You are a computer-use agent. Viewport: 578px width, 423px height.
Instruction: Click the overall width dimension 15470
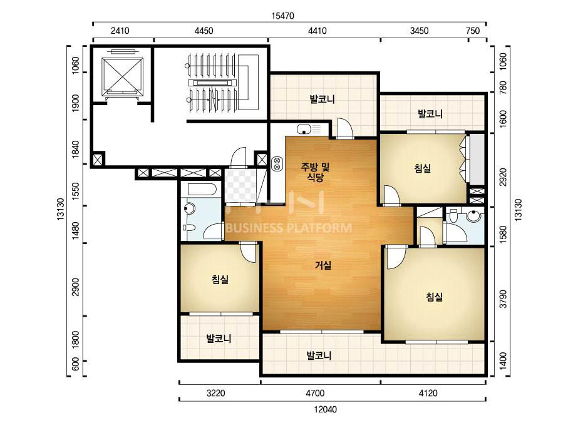[282, 16]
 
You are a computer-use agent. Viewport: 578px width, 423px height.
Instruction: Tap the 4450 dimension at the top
[204, 31]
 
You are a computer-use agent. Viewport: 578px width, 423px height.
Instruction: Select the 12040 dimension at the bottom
[325, 409]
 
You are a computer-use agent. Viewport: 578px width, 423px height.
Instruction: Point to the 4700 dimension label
[315, 393]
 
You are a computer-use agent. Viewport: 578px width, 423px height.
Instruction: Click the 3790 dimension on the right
[502, 299]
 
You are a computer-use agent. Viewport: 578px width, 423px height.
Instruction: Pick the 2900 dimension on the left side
[76, 287]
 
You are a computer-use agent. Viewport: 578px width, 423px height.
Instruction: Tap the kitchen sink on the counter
[304, 130]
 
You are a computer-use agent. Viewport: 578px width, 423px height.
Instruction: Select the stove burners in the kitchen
[276, 163]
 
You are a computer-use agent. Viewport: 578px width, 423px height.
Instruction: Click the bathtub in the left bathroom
[202, 189]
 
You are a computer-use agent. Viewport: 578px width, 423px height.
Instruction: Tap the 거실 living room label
[323, 265]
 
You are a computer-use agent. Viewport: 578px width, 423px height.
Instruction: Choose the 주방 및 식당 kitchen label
[315, 173]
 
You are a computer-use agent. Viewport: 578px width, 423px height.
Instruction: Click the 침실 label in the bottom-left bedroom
[220, 280]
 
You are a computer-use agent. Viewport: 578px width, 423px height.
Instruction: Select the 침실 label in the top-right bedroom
[423, 168]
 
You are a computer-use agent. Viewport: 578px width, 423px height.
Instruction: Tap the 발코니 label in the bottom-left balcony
[219, 339]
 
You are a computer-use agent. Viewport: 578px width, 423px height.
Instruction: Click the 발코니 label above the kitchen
[322, 99]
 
